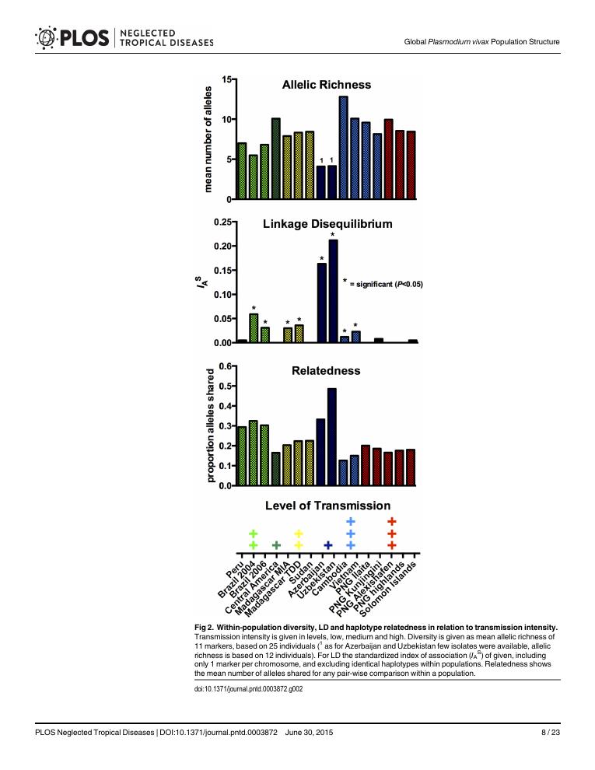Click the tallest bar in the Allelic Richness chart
[x=343, y=148]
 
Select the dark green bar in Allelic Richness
[x=275, y=159]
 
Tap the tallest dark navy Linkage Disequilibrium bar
[x=333, y=291]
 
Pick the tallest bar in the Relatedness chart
[x=332, y=436]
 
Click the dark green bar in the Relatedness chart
[x=275, y=469]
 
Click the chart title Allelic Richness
[x=326, y=85]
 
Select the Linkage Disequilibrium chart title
[x=327, y=224]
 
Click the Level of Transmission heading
[x=327, y=506]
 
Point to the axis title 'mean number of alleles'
[x=208, y=139]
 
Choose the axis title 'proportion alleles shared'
[x=208, y=425]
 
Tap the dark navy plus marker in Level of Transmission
[x=328, y=545]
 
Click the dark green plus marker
[x=275, y=545]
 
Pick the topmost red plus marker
[x=392, y=521]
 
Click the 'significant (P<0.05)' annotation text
[x=385, y=284]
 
